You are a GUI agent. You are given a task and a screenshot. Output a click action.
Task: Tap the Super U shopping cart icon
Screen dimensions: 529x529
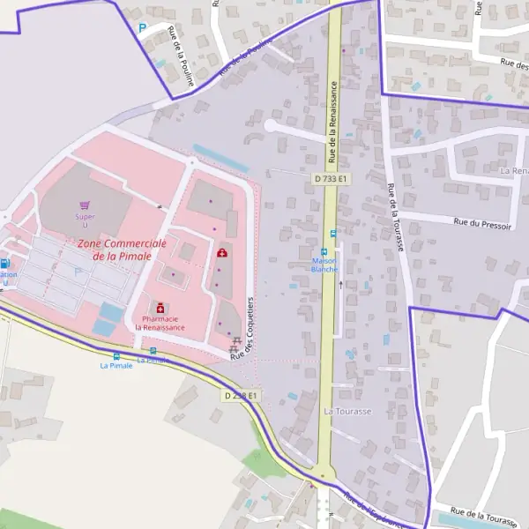(85, 205)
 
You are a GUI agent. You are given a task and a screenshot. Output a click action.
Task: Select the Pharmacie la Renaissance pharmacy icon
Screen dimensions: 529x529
(160, 307)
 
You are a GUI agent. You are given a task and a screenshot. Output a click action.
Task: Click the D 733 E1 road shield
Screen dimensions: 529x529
(331, 178)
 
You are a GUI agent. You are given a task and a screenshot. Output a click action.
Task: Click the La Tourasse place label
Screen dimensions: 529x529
(347, 411)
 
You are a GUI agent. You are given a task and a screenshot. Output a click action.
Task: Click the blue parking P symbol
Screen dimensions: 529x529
(141, 28)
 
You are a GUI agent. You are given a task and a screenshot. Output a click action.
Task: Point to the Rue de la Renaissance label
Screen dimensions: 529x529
(333, 123)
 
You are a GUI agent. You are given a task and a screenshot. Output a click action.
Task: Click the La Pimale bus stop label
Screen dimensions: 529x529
(115, 365)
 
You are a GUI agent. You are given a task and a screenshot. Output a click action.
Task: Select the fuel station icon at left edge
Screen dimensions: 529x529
(4, 263)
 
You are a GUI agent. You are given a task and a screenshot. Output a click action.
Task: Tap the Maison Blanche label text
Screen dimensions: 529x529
(324, 265)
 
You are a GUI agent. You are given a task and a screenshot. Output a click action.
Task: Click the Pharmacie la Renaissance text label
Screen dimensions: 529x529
(160, 323)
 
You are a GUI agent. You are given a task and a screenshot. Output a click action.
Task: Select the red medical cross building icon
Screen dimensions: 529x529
(221, 253)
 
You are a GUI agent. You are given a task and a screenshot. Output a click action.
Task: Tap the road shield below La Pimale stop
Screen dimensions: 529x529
(240, 396)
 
